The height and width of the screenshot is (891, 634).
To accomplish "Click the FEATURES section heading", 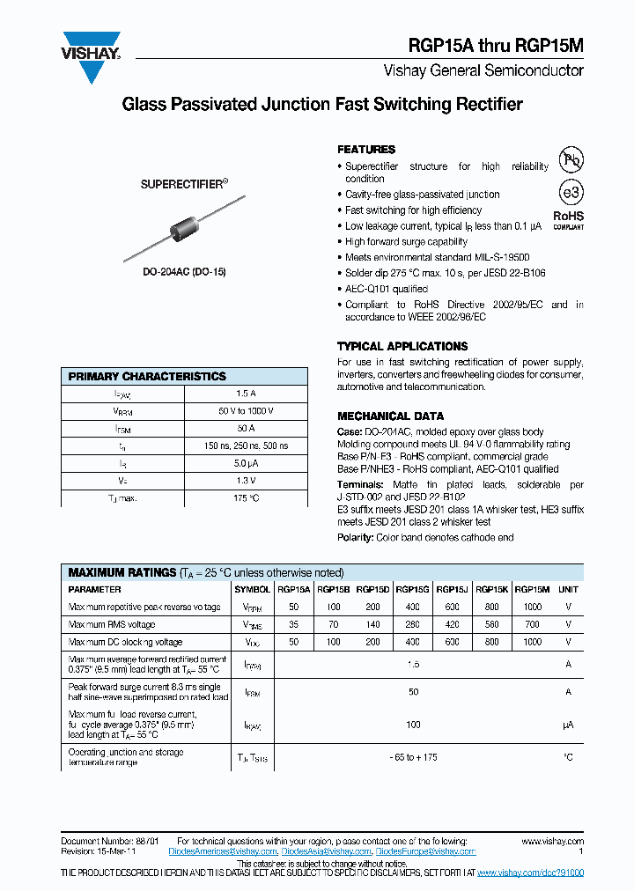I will coord(366,150).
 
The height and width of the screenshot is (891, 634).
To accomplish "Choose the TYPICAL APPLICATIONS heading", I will coord(402,347).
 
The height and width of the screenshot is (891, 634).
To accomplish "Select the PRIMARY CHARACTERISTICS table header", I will coord(147,376).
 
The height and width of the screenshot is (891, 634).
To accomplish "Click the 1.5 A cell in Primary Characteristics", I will coord(246,394).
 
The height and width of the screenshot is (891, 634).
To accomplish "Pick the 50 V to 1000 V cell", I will coord(246,411).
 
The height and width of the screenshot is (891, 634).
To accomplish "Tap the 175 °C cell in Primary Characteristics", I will coord(246,498).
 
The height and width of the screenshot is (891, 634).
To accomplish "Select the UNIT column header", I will coord(568,590).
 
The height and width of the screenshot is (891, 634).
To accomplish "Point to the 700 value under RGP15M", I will coord(532,625).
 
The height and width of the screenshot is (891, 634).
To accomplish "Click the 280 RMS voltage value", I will coord(412,625).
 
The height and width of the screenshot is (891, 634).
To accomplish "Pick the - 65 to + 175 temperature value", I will coord(412,757).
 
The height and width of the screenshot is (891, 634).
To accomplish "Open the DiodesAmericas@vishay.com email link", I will coord(225,852).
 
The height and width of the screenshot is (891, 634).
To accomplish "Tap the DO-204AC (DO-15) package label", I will coord(184,273).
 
